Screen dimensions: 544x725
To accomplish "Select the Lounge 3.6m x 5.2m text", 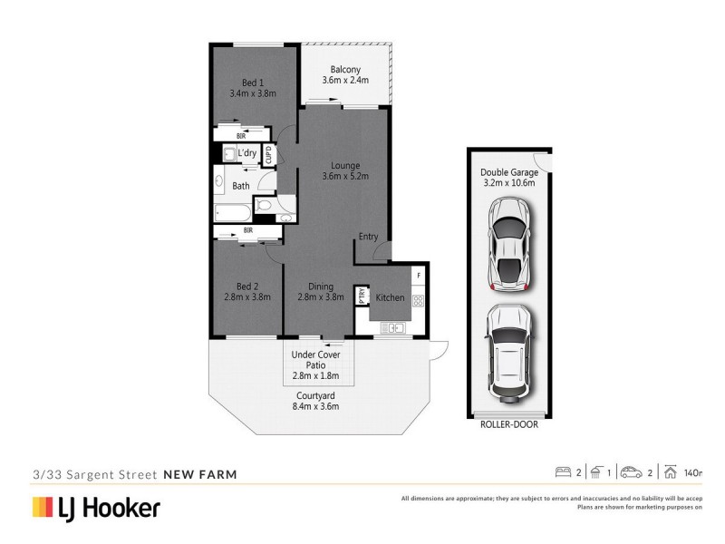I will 345,171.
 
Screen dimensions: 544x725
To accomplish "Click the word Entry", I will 368,237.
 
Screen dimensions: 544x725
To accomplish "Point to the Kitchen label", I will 391,297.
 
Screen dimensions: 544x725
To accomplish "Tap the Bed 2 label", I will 247,290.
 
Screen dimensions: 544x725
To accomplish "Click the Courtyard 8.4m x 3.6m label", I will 316,401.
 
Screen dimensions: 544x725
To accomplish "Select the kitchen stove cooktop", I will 419,300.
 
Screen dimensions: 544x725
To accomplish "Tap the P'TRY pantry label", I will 362,296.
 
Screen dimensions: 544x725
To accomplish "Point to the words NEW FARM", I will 199,473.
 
